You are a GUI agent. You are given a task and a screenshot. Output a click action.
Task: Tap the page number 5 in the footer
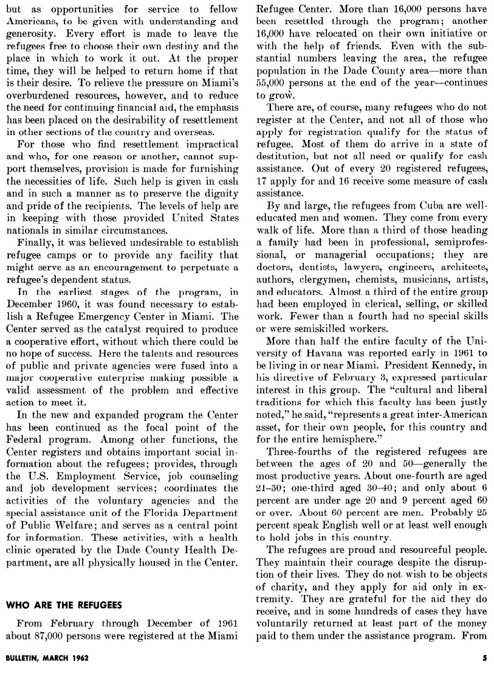pyautogui.click(x=485, y=658)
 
